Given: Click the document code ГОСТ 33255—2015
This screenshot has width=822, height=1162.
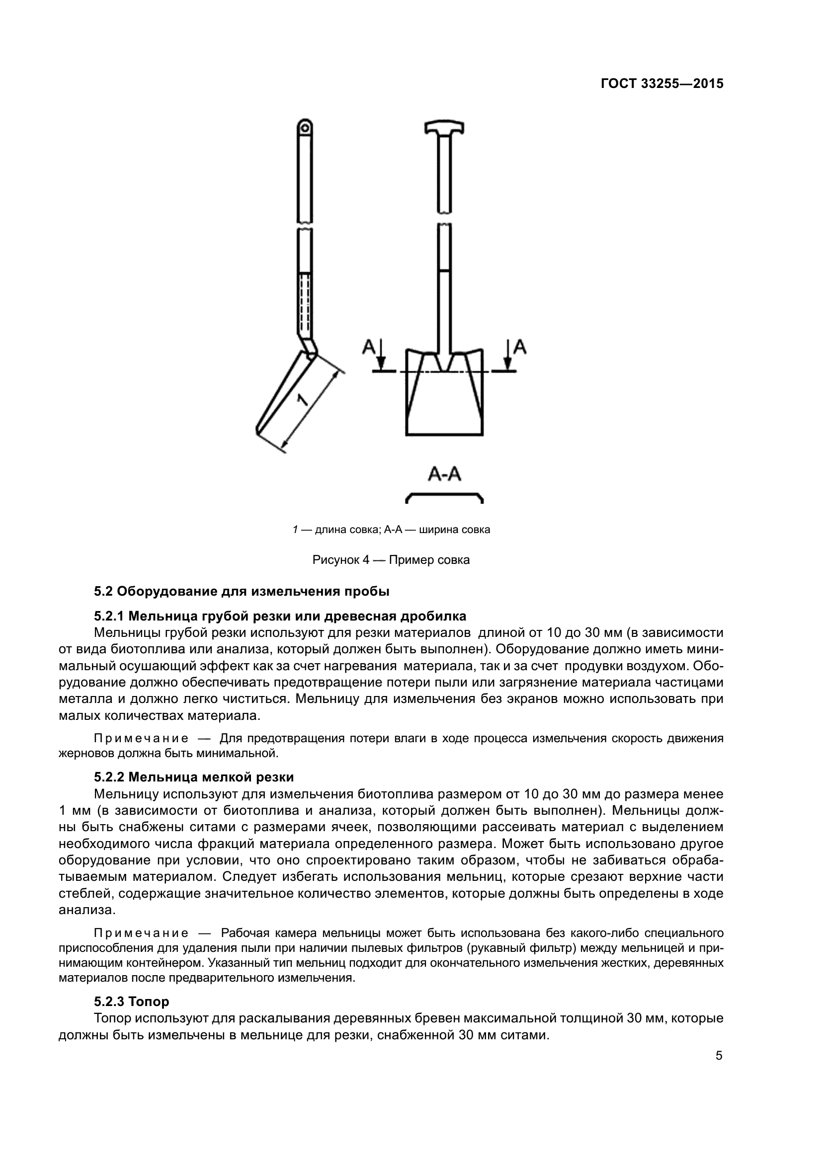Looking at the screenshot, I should (661, 83).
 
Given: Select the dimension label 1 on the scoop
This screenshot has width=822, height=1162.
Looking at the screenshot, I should (302, 400).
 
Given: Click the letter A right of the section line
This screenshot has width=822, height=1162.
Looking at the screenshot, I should (520, 347).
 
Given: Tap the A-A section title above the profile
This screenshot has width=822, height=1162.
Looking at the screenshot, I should (444, 474).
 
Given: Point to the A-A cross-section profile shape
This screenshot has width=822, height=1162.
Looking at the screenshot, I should (444, 496).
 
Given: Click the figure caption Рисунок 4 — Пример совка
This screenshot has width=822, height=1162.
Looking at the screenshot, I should (391, 560).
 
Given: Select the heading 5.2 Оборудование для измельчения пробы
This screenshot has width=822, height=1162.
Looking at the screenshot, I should (242, 591).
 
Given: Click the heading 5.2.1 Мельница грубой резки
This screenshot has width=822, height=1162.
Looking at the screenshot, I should (280, 616).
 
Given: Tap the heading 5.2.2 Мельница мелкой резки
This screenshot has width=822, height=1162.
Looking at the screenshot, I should (194, 777).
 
